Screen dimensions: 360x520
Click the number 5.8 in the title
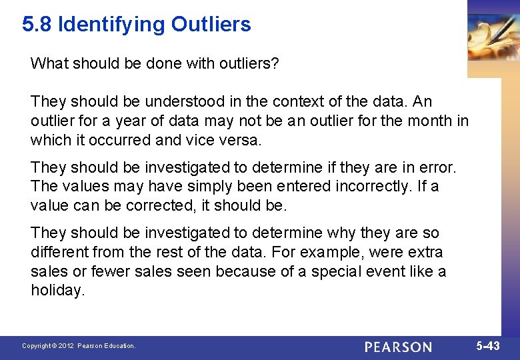tap(37, 25)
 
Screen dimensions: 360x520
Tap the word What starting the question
tap(48, 63)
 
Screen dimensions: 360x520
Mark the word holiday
tap(58, 291)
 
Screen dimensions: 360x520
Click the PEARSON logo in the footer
tap(398, 347)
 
